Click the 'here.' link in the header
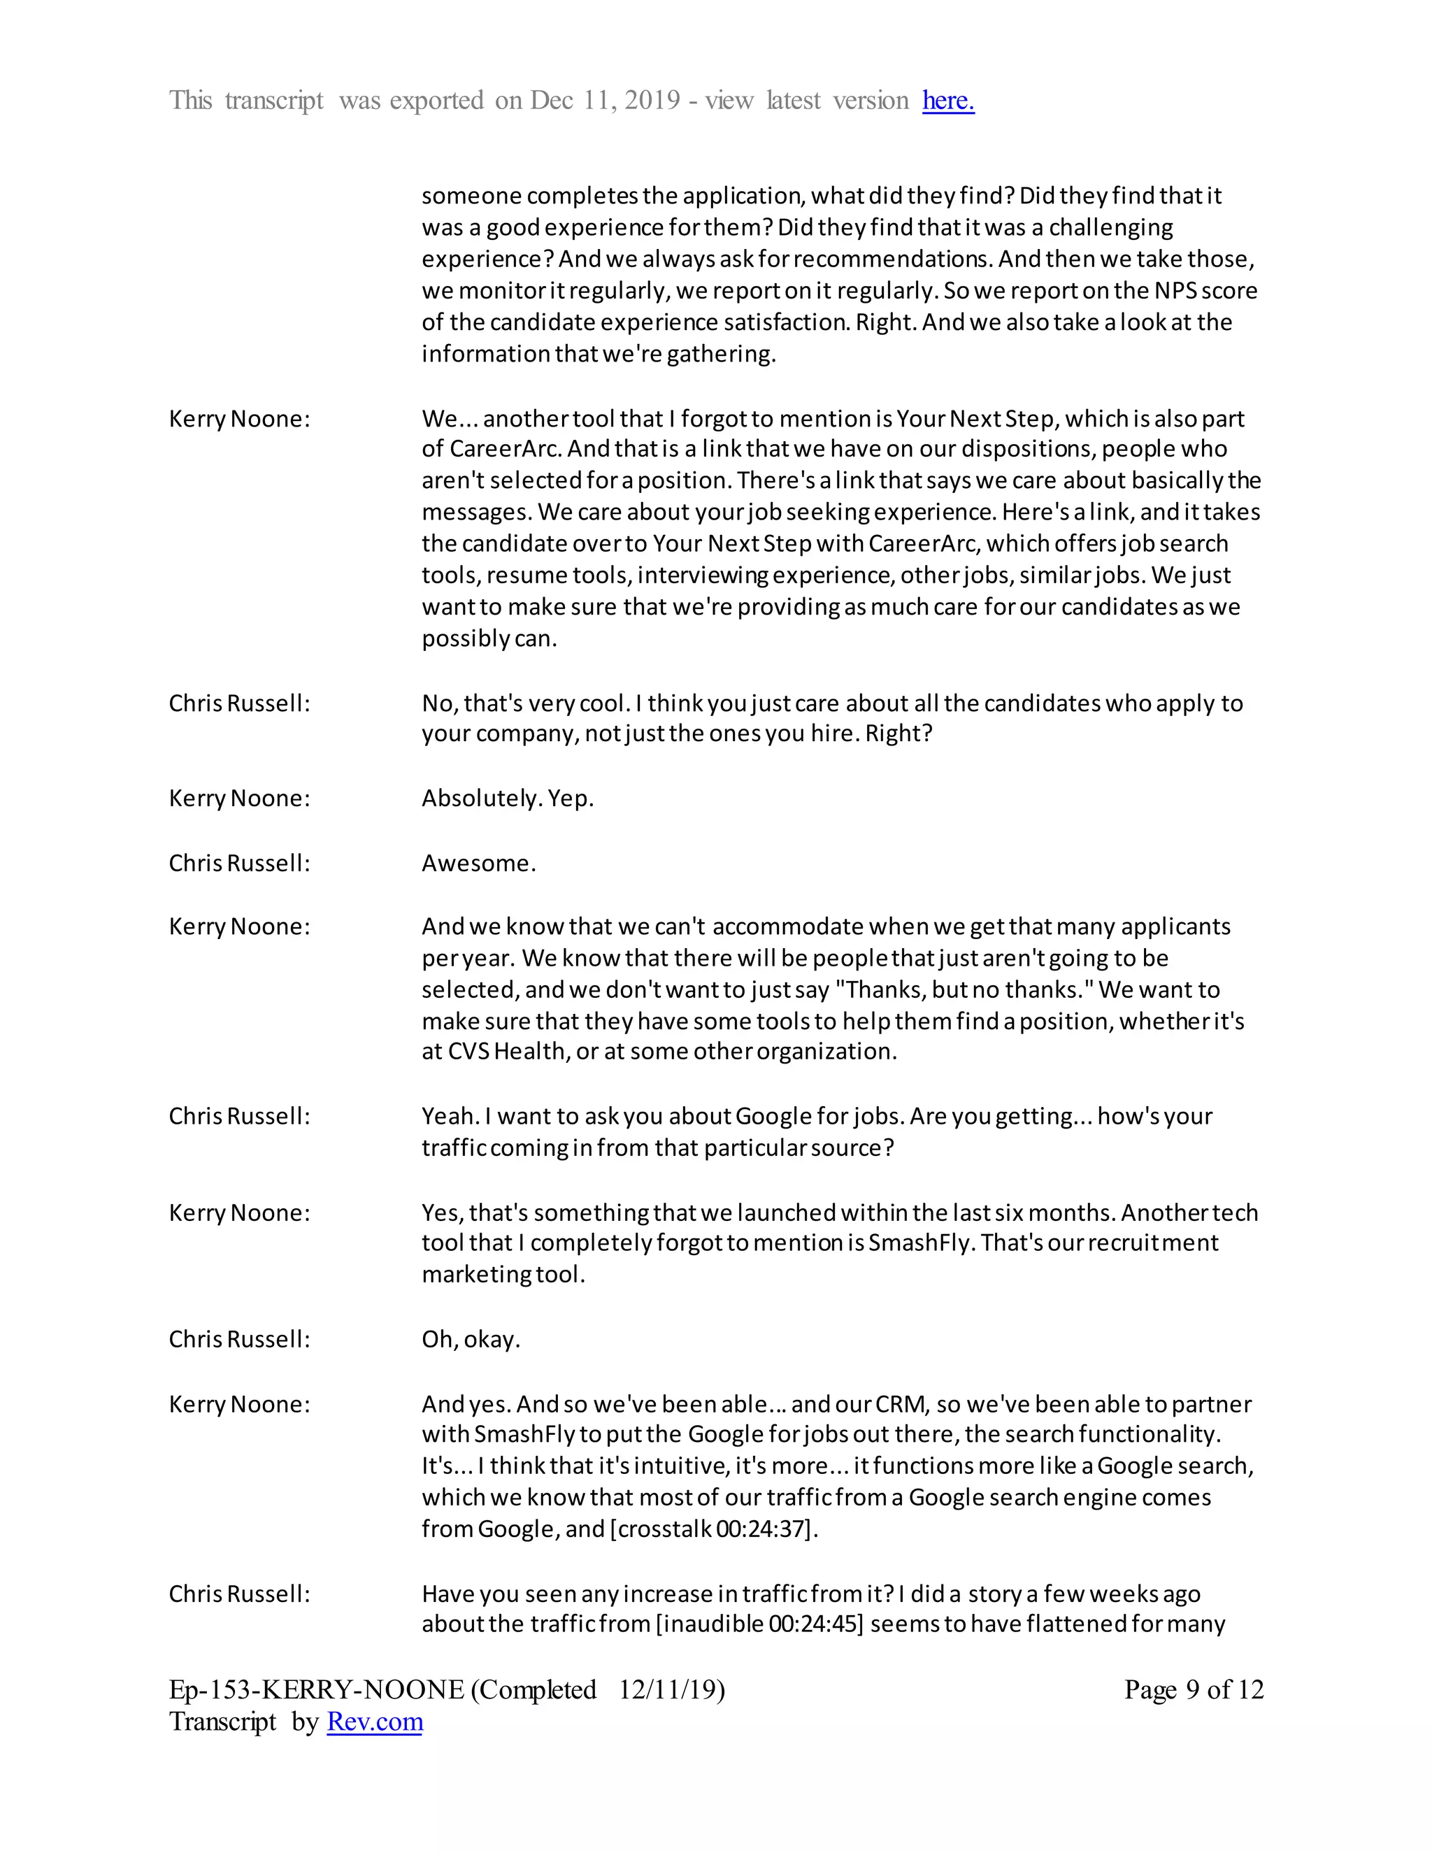pyautogui.click(x=947, y=100)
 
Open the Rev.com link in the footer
pyautogui.click(x=374, y=1722)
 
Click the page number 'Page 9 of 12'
pyautogui.click(x=1194, y=1689)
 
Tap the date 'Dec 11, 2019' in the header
pyautogui.click(x=605, y=100)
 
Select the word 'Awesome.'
pyautogui.click(x=478, y=863)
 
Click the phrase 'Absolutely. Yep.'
pyautogui.click(x=508, y=799)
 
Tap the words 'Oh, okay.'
pyautogui.click(x=471, y=1339)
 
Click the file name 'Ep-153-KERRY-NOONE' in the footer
pyautogui.click(x=315, y=1689)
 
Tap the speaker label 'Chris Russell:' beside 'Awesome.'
pyautogui.click(x=239, y=863)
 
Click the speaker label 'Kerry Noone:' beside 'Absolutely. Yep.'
pyautogui.click(x=239, y=799)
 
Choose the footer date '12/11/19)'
pyautogui.click(x=671, y=1689)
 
